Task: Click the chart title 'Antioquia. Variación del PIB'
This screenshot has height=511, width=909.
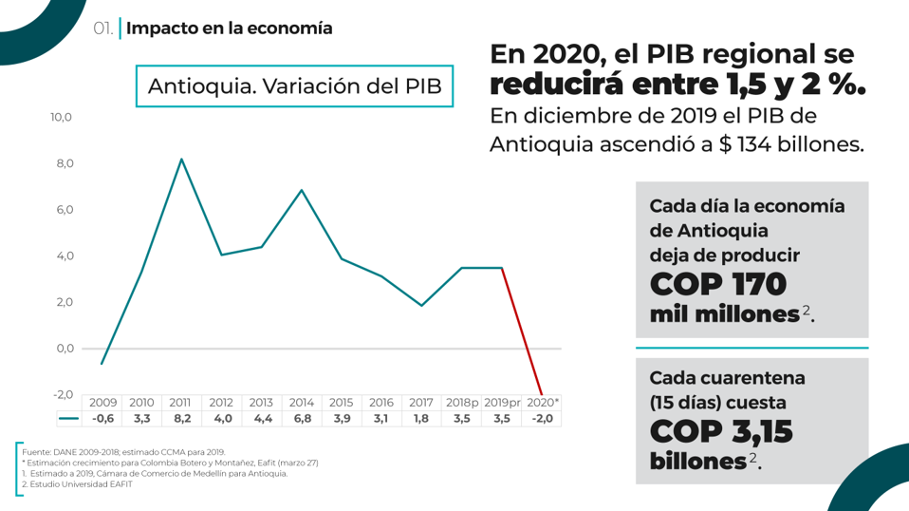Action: click(294, 86)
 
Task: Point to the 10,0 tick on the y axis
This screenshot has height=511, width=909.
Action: click(62, 118)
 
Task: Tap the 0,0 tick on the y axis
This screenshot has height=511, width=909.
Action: click(65, 349)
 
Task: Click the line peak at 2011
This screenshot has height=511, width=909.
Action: click(180, 159)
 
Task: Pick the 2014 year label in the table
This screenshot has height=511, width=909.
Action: click(301, 403)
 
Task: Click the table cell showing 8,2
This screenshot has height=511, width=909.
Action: click(181, 418)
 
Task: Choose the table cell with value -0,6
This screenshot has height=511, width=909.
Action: click(102, 418)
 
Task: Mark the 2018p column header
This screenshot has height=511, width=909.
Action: click(461, 403)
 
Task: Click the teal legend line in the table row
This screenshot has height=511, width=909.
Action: click(68, 418)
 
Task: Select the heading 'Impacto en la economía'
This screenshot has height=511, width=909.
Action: click(229, 28)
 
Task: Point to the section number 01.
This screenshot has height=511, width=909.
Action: click(103, 28)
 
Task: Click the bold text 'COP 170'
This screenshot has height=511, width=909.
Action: click(718, 284)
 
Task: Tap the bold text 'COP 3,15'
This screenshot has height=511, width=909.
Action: click(721, 431)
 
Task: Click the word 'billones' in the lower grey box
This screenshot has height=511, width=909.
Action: click(697, 462)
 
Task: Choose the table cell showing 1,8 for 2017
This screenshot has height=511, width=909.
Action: click(420, 418)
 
